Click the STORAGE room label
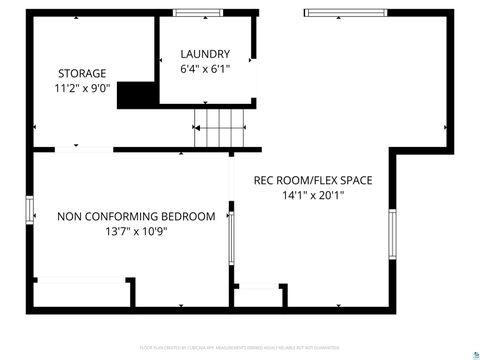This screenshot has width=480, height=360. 82,73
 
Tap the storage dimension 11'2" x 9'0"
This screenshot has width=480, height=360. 82,88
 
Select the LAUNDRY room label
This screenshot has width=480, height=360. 205,54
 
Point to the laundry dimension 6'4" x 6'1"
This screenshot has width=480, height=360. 205,69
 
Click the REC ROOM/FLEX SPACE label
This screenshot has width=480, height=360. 313,181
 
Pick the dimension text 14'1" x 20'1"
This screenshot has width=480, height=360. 313,196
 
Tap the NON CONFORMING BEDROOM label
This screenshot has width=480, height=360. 136,216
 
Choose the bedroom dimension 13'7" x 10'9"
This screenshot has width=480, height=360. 136,231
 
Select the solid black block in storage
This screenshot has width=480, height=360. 140,95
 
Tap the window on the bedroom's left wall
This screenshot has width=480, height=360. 29,211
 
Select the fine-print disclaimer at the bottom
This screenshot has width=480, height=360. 239,348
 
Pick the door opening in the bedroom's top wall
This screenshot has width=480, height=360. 83,149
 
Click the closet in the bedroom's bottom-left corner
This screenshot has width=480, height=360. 80,292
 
